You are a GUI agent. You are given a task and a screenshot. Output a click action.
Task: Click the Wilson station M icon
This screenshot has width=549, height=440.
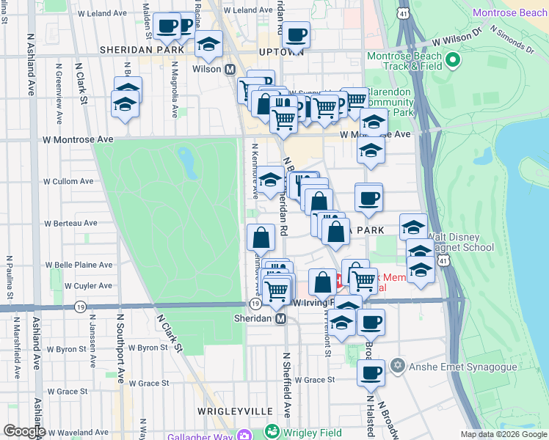pyautogui.click(x=230, y=69)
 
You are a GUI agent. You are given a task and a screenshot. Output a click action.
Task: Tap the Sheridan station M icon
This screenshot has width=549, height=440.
pyautogui.click(x=280, y=319)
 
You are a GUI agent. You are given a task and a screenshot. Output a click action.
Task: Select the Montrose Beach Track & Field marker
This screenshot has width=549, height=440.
pyautogui.click(x=453, y=59)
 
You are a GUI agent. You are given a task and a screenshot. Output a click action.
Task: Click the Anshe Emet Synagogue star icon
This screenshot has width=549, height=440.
pyautogui.click(x=398, y=365)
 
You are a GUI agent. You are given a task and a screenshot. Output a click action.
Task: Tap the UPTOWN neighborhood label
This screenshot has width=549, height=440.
pyautogui.click(x=281, y=52)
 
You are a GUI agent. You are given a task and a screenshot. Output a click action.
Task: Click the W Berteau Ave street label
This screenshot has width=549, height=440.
pyautogui.click(x=70, y=223)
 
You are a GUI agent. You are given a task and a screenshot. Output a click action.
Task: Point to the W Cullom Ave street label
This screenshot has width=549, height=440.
pyautogui.click(x=69, y=181)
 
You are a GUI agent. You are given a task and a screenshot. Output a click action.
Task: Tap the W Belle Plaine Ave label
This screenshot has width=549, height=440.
pyautogui.click(x=79, y=265)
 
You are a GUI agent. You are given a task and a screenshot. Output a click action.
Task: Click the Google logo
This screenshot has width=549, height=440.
pyautogui.click(x=24, y=431)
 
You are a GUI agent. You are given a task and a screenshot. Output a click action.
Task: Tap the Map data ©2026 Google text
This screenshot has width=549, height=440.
pyautogui.click(x=503, y=434)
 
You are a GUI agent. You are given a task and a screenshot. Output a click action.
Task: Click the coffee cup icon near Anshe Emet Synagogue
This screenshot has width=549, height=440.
pyautogui.click(x=371, y=373)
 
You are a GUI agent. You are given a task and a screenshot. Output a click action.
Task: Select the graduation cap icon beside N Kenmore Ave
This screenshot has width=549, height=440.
pyautogui.click(x=271, y=179)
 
